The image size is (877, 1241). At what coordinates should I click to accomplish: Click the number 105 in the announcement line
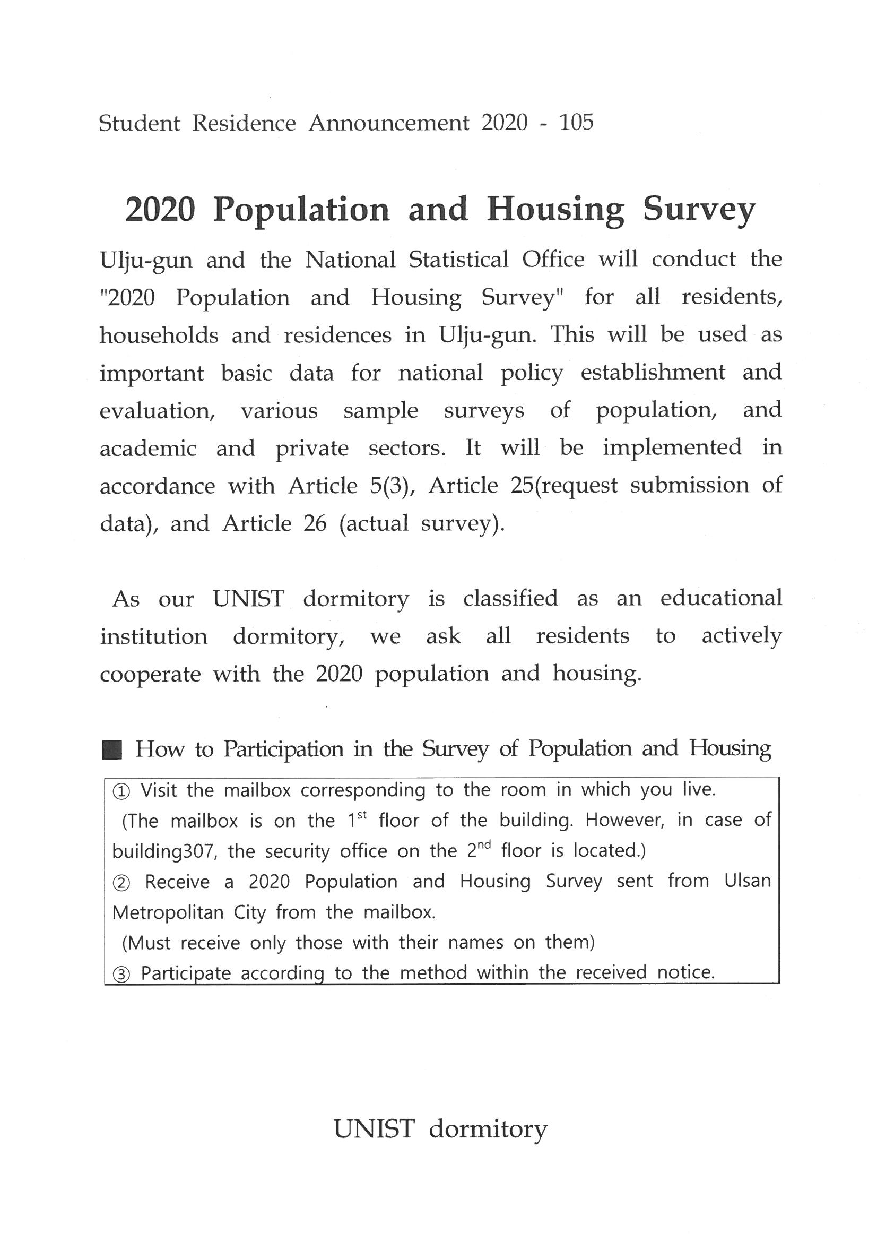576,123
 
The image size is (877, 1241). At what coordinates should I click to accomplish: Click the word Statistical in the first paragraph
458,260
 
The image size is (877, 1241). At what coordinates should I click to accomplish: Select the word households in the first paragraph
159,335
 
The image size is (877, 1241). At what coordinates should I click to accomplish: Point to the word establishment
653,373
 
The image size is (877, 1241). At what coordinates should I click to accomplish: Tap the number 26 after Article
315,523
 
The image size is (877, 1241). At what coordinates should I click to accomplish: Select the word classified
510,598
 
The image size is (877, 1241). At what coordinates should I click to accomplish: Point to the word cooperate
150,674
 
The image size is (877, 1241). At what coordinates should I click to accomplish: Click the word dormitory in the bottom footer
488,1128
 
